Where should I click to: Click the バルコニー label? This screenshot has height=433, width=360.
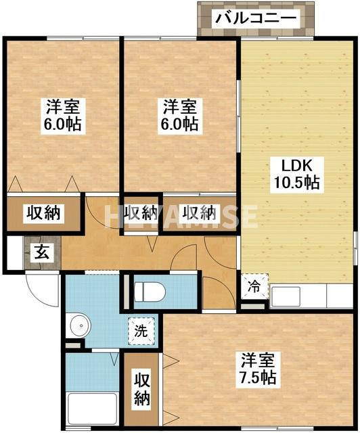click(256, 18)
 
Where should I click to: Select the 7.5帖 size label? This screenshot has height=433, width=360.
click(258, 376)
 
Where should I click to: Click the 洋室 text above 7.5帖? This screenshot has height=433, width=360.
click(258, 359)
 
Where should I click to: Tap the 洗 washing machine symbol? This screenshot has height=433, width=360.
click(141, 332)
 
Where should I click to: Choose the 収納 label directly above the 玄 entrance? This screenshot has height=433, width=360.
click(43, 212)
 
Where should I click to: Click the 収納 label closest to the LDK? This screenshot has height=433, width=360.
click(200, 212)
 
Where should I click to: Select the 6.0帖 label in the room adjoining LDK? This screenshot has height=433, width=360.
click(180, 124)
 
